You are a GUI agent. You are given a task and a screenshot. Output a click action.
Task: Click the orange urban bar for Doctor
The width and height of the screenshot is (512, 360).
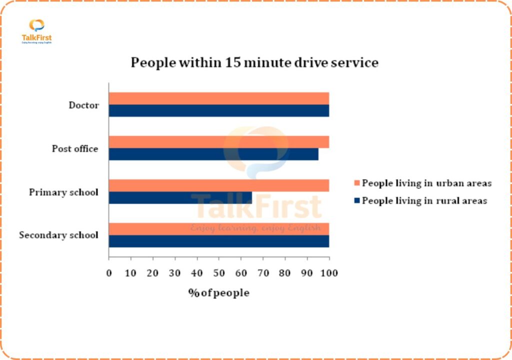[219, 98]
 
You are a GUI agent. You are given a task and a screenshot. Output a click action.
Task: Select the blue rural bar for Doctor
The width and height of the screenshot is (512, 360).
[219, 110]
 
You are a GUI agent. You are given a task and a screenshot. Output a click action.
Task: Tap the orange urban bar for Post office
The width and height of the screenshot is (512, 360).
[219, 142]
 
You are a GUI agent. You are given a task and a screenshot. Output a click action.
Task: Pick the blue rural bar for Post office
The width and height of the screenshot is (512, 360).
[213, 154]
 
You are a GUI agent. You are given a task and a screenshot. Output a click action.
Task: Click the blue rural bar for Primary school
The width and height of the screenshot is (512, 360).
[180, 197]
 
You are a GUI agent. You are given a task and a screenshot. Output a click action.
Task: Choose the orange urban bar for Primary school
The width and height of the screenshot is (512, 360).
[219, 185]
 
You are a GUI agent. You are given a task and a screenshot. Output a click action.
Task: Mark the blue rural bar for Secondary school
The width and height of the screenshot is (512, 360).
[219, 241]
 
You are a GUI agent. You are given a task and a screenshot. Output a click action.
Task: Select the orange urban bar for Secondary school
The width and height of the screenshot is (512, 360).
[219, 229]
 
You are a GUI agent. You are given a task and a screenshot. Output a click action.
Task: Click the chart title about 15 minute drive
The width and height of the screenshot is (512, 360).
[254, 63]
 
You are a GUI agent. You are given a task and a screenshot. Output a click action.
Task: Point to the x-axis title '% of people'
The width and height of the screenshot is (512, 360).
[218, 293]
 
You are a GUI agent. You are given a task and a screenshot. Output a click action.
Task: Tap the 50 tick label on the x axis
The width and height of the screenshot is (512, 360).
[219, 273]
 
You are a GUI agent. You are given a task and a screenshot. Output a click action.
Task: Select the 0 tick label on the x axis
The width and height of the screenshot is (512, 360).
[109, 273]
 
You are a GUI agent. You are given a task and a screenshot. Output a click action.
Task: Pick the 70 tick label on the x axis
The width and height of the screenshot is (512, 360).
[263, 273]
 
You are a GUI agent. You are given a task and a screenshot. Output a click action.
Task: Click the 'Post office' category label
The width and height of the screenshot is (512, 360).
[75, 149]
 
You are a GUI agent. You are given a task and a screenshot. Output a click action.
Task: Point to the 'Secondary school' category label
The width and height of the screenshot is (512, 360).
[58, 235]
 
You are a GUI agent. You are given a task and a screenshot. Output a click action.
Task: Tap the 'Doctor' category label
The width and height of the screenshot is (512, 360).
[84, 105]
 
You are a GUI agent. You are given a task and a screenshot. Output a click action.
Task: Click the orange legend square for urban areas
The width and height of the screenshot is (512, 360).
[356, 183]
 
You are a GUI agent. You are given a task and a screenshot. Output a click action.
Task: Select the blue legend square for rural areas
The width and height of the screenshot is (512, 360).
[356, 201]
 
